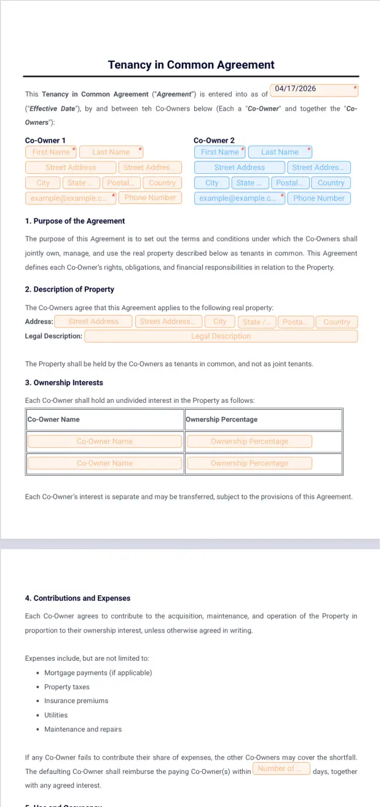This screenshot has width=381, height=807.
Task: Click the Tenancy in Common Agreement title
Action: [x=190, y=65]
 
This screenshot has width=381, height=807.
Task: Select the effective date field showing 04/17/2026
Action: [x=313, y=90]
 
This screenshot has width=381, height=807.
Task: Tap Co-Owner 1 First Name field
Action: [x=51, y=152]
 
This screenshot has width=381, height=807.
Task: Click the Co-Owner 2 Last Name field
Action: [x=280, y=152]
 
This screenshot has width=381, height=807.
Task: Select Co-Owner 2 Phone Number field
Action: [x=318, y=198]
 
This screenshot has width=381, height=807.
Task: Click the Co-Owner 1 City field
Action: [x=43, y=183]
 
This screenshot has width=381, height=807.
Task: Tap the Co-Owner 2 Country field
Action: [x=331, y=183]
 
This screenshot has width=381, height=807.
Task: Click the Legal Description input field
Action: [x=221, y=336]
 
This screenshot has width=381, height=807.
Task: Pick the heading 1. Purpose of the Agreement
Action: [x=75, y=221]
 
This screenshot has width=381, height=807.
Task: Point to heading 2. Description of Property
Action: [x=69, y=289]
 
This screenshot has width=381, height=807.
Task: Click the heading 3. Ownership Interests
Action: [x=64, y=383]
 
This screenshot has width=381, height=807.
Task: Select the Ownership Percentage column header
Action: [x=222, y=419]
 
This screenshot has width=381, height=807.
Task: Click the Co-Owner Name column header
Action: [x=53, y=419]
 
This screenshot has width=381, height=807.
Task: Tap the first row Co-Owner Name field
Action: [x=104, y=441]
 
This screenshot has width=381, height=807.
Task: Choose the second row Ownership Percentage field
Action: [x=249, y=463]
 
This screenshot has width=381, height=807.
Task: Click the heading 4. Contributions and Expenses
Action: [x=77, y=598]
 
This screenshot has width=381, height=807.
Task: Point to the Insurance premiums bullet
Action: [x=76, y=701]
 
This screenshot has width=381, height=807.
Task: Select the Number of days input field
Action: [x=280, y=769]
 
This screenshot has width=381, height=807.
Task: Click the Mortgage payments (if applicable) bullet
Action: [x=98, y=672]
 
